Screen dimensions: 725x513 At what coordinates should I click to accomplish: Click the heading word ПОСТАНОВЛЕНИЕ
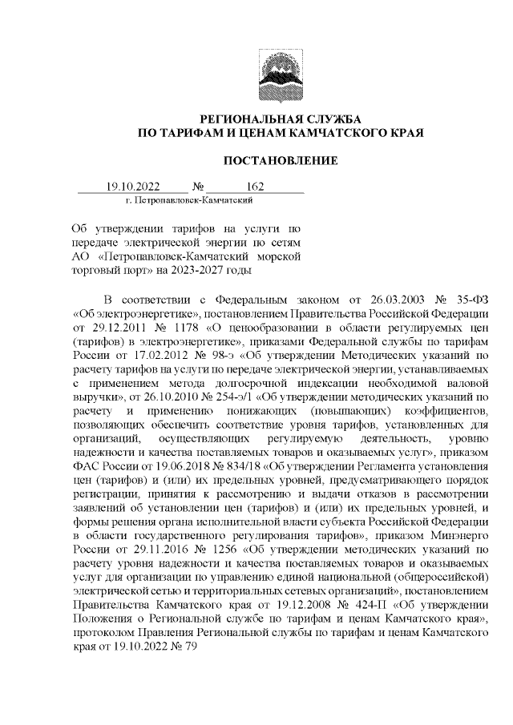(280, 161)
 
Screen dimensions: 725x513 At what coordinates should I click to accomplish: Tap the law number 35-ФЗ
(466, 298)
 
